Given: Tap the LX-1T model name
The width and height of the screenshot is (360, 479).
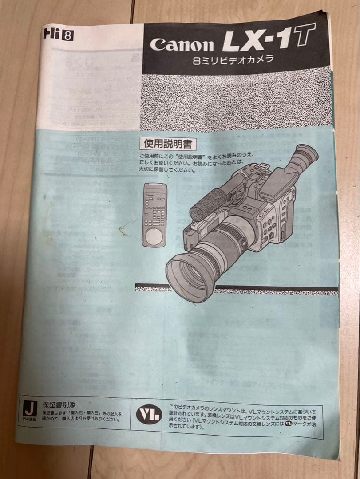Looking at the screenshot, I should pos(269,38).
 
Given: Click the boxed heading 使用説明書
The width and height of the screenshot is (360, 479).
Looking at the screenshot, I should pos(168,143).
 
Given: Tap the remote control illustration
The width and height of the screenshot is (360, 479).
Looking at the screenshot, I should pos(154,215).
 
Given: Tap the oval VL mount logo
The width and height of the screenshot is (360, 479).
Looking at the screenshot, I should pos(149,415).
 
